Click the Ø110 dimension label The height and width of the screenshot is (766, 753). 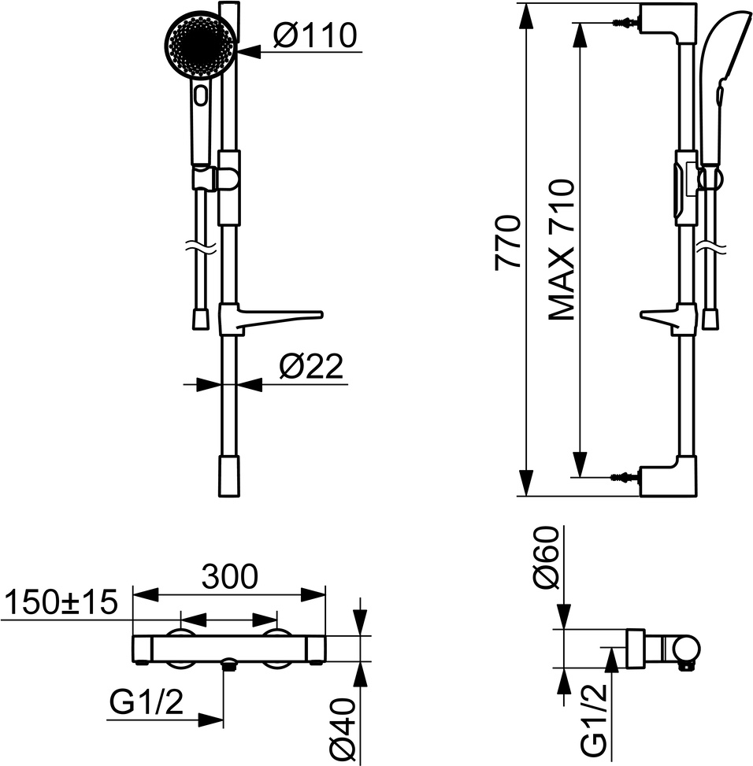pos(315,35)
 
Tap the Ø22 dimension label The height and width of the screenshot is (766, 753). pos(311,366)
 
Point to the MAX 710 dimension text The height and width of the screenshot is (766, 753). pos(561,250)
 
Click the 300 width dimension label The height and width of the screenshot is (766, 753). pos(230,576)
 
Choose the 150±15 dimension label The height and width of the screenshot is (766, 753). pos(61,601)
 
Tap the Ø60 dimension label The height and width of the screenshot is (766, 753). pos(545,557)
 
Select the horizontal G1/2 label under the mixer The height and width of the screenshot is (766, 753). pos(146,702)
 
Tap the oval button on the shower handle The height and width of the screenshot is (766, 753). pos(201,94)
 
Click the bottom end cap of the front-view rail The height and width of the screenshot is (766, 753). pos(229,476)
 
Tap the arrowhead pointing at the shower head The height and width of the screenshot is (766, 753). pos(249,51)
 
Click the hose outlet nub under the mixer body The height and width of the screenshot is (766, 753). pos(229,664)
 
